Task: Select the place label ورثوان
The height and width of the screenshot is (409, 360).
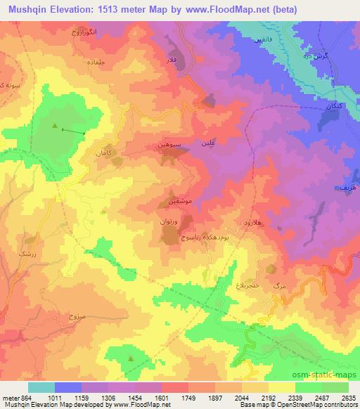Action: [x=170, y=221]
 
